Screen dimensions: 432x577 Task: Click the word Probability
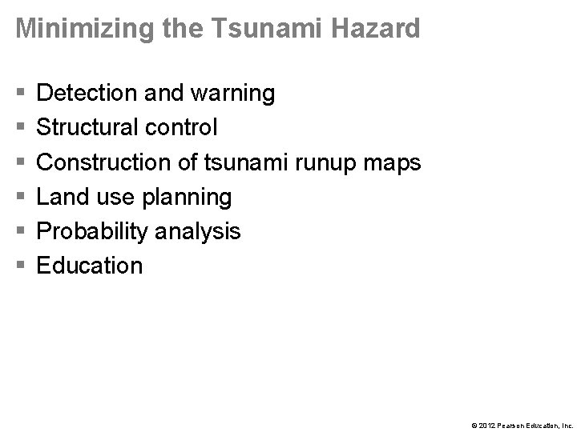coord(94,232)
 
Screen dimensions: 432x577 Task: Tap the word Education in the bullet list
coord(90,266)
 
